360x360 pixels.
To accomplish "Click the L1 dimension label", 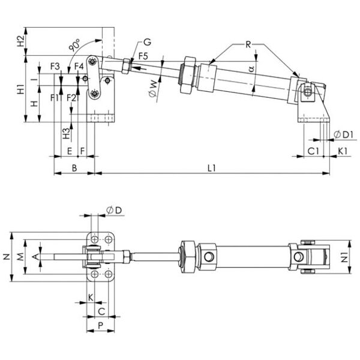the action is tap(211, 168).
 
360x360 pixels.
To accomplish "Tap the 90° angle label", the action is tap(75, 45).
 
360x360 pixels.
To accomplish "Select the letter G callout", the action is tap(147, 42).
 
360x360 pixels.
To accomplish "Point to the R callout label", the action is tap(248, 44).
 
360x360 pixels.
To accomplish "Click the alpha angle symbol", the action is tap(252, 68).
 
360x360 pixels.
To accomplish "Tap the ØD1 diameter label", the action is tap(343, 135).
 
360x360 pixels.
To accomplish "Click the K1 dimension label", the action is tap(343, 151).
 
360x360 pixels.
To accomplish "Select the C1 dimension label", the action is tap(313, 151).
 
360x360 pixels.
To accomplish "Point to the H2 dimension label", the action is tap(21, 41).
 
